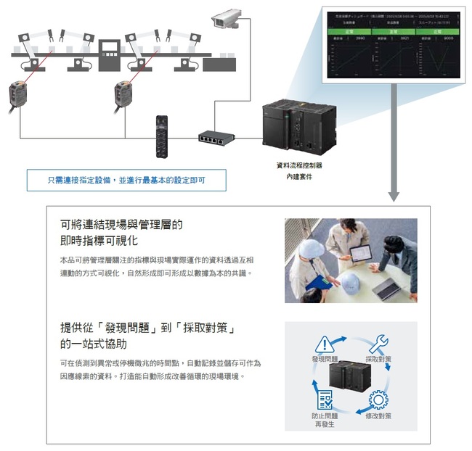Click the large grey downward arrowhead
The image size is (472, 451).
tap(393, 194)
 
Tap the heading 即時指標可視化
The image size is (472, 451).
tap(99, 241)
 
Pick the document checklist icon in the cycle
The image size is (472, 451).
tap(324, 400)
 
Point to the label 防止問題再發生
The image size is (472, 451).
tap(324, 421)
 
